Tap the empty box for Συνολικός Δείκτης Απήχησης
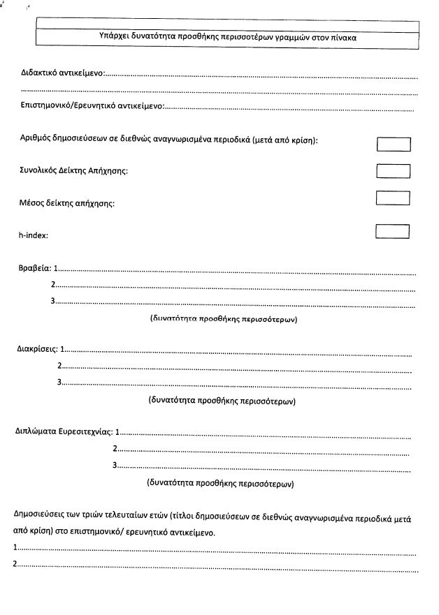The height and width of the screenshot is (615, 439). pos(393,170)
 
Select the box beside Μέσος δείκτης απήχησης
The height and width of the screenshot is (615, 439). pos(393,198)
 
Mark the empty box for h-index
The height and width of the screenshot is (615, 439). pos(391,231)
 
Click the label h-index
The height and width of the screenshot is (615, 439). pos(33,235)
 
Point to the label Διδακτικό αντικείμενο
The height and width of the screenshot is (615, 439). pos(62,74)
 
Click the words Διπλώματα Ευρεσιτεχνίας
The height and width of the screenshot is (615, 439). pos(63,431)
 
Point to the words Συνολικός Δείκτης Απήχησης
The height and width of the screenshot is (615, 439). pos(73,171)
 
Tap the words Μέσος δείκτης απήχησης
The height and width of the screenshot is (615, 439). pos(66,204)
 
